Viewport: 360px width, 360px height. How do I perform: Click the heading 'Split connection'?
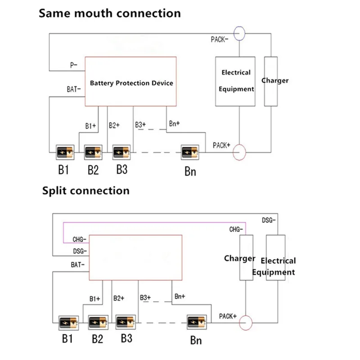click(x=86, y=190)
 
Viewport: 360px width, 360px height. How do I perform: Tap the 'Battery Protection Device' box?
click(x=131, y=82)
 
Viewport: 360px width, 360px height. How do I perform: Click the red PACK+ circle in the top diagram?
click(x=239, y=152)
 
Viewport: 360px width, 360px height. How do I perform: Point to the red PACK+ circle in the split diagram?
click(x=246, y=323)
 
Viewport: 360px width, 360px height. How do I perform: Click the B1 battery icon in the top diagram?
click(x=64, y=152)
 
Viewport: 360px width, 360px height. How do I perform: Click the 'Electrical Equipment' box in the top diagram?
click(x=235, y=81)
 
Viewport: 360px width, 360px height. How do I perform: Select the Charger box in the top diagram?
click(x=271, y=81)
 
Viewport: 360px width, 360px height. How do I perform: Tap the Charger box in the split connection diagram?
click(x=246, y=258)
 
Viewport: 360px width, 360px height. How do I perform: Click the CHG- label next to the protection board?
click(x=80, y=238)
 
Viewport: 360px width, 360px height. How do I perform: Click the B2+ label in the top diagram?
click(x=114, y=126)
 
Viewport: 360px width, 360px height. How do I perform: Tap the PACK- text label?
click(x=220, y=40)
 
